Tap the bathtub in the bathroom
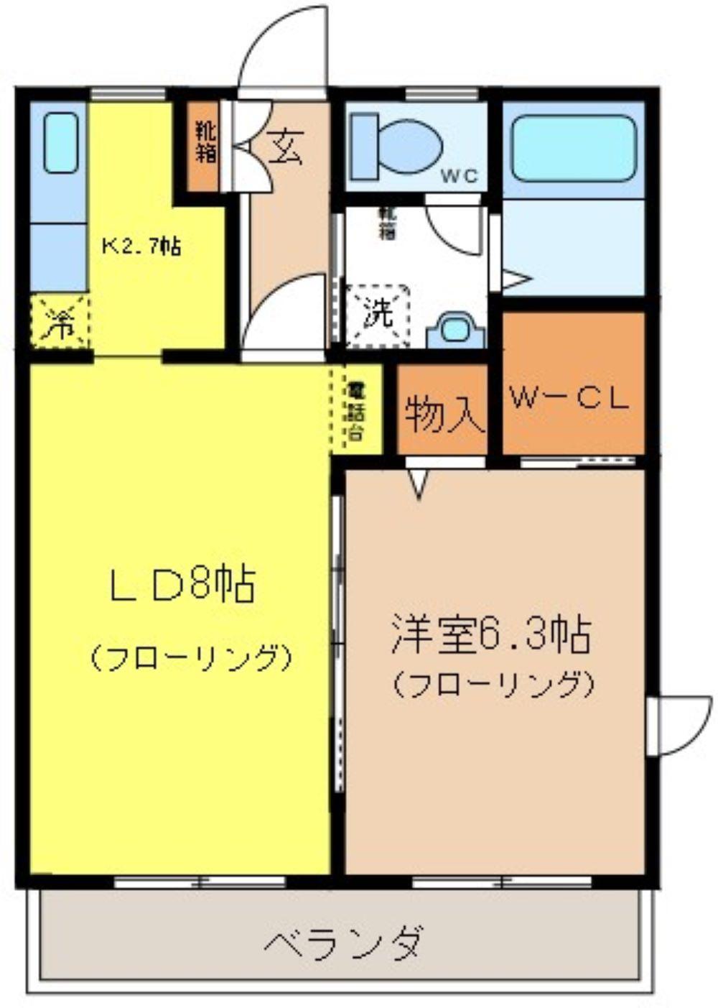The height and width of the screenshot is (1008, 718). [574, 148]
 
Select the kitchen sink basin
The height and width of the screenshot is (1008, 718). [60, 142]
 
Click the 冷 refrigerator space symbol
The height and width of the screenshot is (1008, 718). [60, 323]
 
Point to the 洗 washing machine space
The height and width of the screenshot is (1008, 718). [378, 314]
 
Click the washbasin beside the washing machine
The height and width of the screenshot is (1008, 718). [455, 331]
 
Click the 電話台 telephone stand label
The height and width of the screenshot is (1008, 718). [355, 411]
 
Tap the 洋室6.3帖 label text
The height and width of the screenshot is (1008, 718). [491, 635]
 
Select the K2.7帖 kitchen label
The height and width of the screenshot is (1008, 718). [141, 246]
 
